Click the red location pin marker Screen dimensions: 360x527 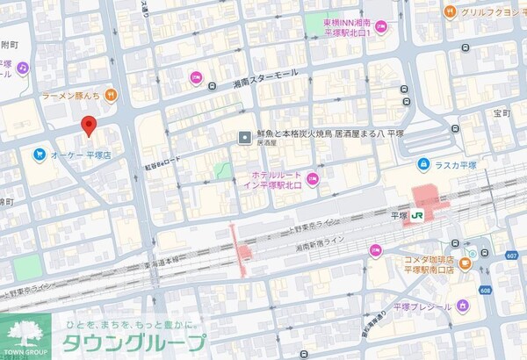coord(87,126)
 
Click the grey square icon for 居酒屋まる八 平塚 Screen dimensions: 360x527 coord(245,136)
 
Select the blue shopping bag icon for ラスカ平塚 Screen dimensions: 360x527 coord(422,163)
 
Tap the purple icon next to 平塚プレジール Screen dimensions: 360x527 coord(463,306)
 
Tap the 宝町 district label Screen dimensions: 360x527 coord(502,113)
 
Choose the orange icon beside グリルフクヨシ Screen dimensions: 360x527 coord(450,11)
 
